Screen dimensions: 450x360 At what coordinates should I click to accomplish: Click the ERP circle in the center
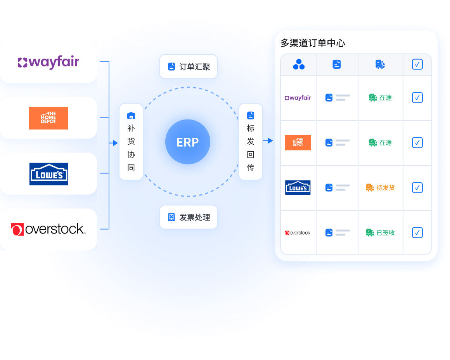[188, 142]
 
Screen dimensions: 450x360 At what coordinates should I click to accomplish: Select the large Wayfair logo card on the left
[48, 62]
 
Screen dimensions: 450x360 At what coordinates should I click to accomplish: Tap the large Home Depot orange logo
[48, 118]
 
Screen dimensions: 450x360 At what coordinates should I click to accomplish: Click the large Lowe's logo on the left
[49, 174]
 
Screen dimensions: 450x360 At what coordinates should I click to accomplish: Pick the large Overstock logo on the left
[48, 229]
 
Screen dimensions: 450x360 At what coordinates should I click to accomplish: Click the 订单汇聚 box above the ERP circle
[189, 67]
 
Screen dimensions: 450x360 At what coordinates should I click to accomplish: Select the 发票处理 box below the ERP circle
[189, 217]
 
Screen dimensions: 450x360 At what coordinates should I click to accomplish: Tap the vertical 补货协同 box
[131, 142]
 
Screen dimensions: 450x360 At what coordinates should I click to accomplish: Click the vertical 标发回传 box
[251, 142]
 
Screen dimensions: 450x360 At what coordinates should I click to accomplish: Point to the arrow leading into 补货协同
[114, 143]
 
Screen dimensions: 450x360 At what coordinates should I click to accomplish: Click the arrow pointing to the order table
[268, 141]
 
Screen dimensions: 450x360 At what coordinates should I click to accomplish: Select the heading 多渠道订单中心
[313, 43]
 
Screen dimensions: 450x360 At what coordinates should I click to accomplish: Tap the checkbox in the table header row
[417, 64]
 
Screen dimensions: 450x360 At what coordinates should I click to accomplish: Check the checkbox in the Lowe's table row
[417, 188]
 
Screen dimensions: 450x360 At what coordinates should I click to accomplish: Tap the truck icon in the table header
[380, 64]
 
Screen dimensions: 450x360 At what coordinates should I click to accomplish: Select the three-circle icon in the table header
[299, 64]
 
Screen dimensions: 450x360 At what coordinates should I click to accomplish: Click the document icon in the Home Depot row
[329, 143]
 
